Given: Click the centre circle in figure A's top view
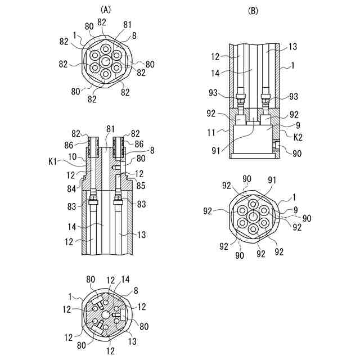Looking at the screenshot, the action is (x=106, y=61).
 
